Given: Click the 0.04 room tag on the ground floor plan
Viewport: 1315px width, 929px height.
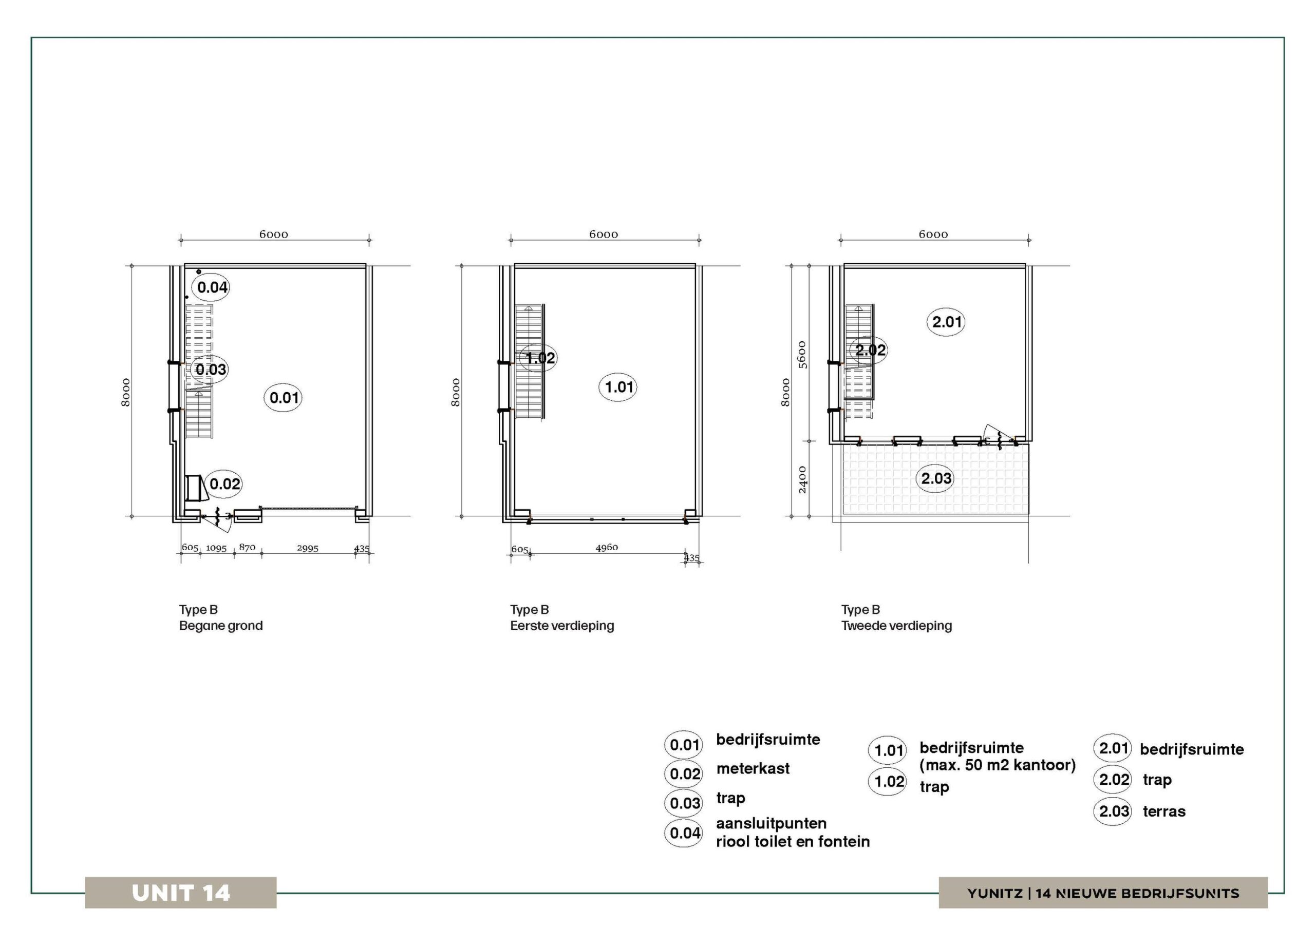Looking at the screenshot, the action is pyautogui.click(x=212, y=287).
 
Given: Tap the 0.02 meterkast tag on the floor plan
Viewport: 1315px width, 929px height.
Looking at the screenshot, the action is pyautogui.click(x=224, y=483).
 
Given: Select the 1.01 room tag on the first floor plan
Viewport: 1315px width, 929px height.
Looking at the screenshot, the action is pyautogui.click(x=618, y=387).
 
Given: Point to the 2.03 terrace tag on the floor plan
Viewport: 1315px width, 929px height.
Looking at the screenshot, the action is pyautogui.click(x=936, y=478).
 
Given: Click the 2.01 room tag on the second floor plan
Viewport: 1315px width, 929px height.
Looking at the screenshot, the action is pyautogui.click(x=946, y=322).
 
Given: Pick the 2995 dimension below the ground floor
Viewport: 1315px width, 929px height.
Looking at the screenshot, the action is pyautogui.click(x=308, y=548).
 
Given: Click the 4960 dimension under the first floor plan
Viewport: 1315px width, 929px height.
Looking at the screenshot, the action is pyautogui.click(x=607, y=548).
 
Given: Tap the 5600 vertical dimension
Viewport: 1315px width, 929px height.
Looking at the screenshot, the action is pyautogui.click(x=802, y=355).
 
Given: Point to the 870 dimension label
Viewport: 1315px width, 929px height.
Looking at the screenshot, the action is pyautogui.click(x=247, y=547).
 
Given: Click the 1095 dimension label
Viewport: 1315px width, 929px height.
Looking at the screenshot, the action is pyautogui.click(x=216, y=548).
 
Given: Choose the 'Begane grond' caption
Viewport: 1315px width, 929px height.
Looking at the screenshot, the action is pyautogui.click(x=221, y=626).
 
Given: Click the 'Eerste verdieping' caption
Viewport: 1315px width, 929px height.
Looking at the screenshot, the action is pyautogui.click(x=562, y=626).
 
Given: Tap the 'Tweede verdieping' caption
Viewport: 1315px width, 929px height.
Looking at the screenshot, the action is pyautogui.click(x=896, y=626).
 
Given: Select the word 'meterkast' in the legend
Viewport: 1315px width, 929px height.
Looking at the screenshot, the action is pyautogui.click(x=753, y=768).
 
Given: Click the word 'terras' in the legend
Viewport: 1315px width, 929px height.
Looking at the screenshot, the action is pyautogui.click(x=1164, y=811).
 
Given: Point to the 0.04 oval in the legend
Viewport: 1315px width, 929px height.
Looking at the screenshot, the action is pyautogui.click(x=684, y=833).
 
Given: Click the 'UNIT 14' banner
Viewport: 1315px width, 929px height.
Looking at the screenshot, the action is pyautogui.click(x=181, y=893).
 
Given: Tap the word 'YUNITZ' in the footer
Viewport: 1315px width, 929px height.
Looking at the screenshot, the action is pyautogui.click(x=995, y=894).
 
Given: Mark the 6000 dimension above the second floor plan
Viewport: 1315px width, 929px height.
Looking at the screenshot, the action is pyautogui.click(x=933, y=234).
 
